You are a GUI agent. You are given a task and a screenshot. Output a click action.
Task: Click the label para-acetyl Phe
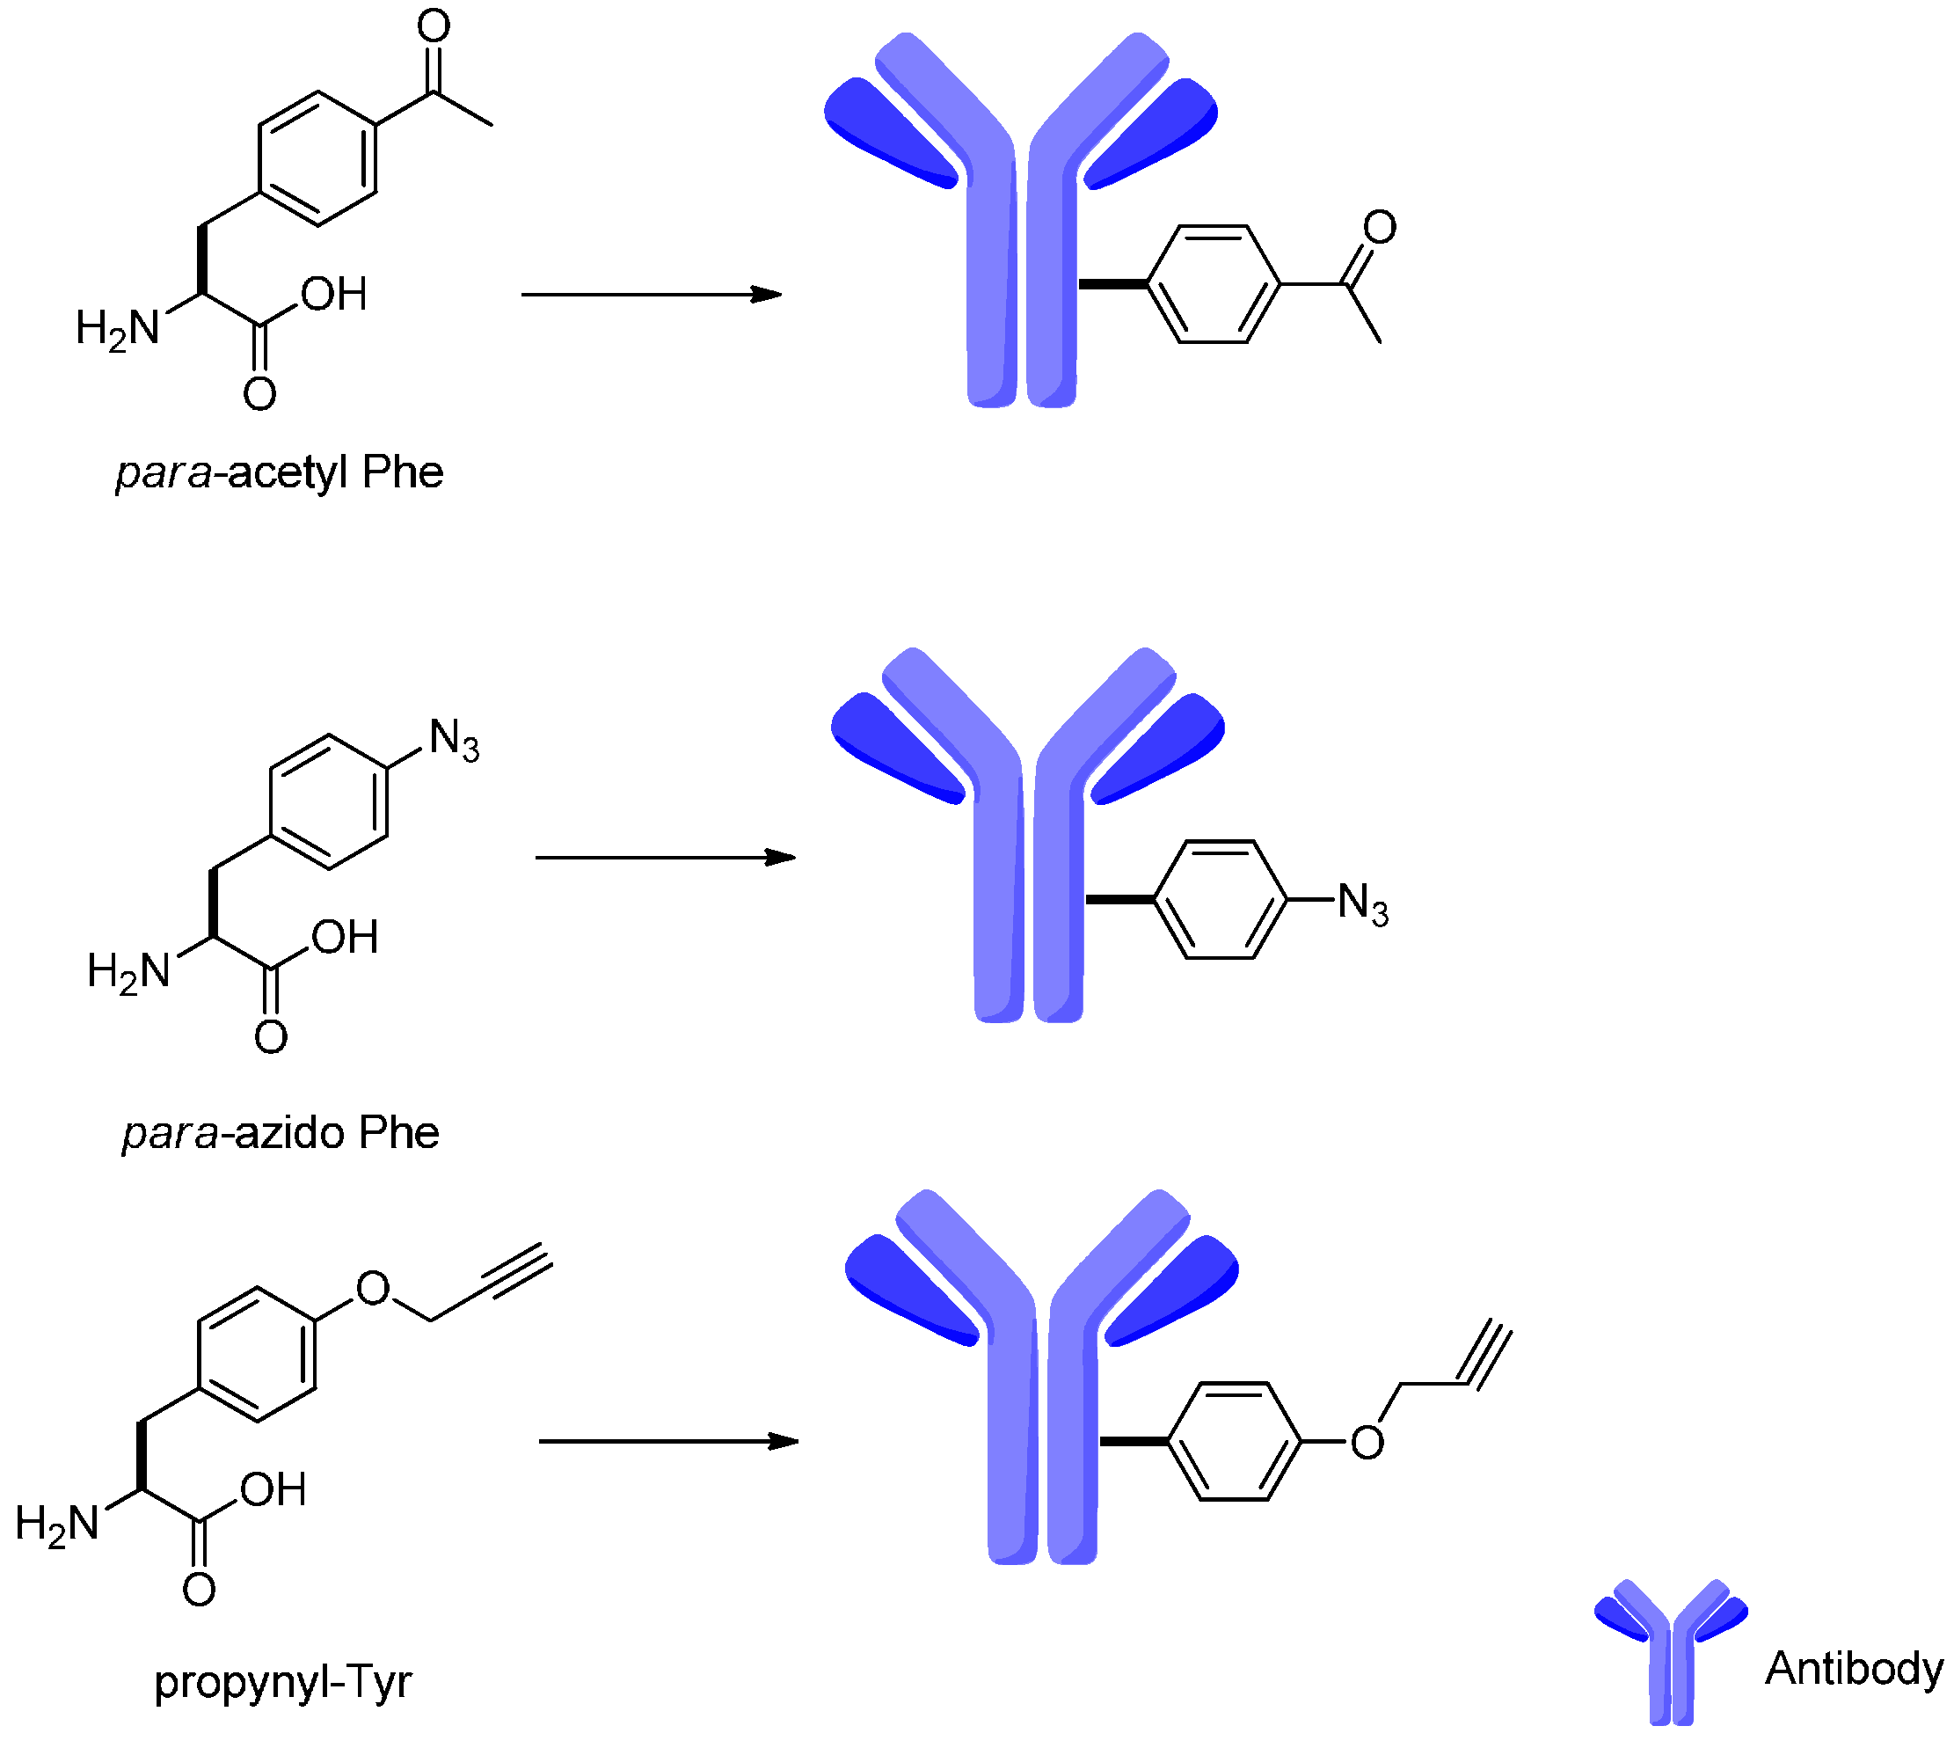(280, 472)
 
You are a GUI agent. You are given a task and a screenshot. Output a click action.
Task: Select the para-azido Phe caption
(281, 1133)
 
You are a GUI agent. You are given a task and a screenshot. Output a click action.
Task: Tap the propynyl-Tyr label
(282, 1682)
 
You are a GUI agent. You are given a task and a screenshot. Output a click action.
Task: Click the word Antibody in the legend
(1853, 1668)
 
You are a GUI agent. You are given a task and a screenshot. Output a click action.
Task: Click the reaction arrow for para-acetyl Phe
(651, 295)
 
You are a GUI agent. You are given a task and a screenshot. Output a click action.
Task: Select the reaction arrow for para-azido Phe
(665, 857)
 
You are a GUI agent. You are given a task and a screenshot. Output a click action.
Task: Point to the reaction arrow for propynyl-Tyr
(668, 1441)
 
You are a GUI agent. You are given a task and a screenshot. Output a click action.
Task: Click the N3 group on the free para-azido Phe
(453, 740)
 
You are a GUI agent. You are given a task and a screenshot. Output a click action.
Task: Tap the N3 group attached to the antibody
(1362, 903)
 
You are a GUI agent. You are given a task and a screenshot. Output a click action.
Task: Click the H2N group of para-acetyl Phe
(117, 328)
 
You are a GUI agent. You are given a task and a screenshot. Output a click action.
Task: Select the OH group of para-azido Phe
(345, 938)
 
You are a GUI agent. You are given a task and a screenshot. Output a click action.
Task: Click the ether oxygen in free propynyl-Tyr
(373, 1288)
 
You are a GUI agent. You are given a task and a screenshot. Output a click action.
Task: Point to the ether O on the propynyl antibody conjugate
(1367, 1442)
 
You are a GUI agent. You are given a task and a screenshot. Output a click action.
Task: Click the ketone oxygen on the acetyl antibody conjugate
(1379, 228)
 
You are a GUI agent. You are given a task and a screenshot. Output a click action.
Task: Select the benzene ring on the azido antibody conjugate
(1219, 900)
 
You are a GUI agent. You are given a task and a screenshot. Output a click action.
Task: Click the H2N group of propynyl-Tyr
(58, 1524)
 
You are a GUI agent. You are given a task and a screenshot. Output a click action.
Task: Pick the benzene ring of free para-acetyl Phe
(317, 158)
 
